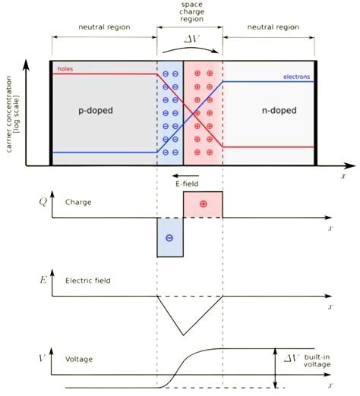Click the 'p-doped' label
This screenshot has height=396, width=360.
coord(96,110)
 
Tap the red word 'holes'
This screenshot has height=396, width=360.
coord(66,68)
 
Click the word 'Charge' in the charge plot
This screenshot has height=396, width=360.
coord(78,203)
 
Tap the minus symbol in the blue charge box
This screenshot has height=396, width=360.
coord(169,238)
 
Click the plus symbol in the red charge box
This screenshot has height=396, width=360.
coord(203,205)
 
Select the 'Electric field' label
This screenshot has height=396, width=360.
coord(88,281)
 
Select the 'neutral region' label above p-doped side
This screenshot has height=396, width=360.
coord(103,27)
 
